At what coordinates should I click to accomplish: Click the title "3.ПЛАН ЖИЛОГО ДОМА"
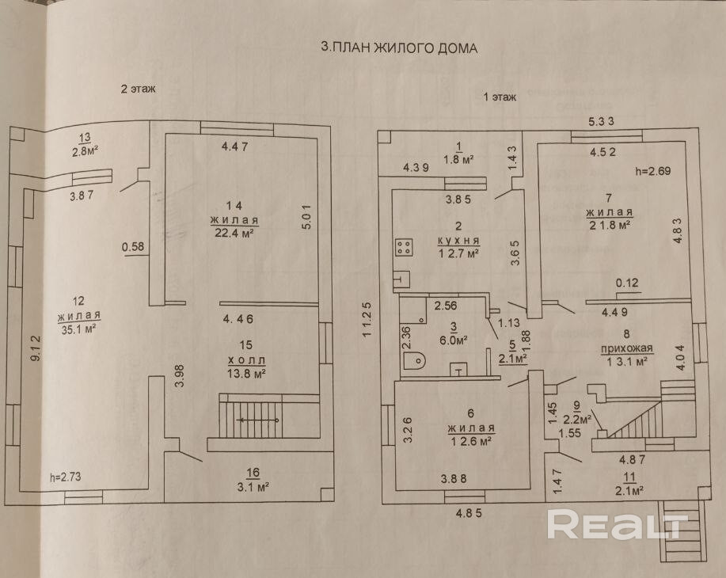399,48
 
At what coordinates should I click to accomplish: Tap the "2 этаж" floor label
137,89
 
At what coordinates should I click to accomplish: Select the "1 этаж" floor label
500,97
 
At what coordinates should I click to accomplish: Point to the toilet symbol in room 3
415,360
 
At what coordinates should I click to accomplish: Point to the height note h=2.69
653,171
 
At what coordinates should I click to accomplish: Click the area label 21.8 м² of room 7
608,226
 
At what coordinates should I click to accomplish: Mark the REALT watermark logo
618,524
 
